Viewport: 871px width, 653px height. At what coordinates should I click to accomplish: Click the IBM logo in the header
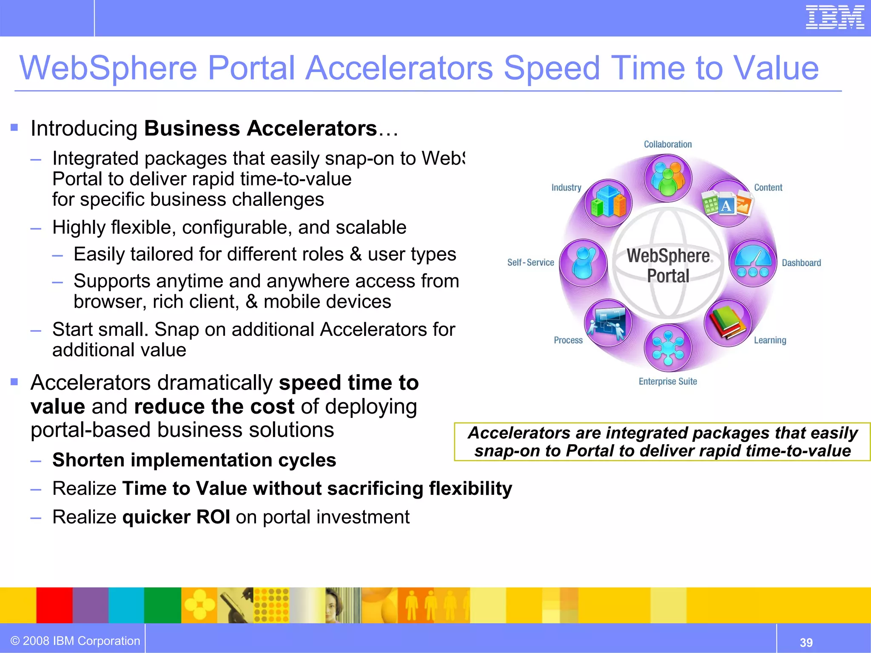pos(834,18)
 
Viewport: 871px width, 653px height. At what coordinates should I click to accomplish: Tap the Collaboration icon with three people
pos(668,178)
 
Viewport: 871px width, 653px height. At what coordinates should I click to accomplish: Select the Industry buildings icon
pos(608,203)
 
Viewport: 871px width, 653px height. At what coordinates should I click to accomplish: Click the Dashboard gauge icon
pos(753,263)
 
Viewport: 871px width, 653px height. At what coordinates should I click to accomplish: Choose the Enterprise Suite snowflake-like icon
pos(668,348)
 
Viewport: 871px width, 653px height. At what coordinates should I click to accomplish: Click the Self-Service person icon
pos(583,263)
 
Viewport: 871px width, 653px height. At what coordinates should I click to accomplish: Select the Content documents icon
pos(727,203)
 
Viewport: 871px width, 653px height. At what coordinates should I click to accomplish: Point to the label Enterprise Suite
pos(668,381)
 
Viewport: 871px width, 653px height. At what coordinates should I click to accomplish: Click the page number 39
pos(806,642)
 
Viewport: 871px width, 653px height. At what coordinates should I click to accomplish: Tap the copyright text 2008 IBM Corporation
pos(75,641)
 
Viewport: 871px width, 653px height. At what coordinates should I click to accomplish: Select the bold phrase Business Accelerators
pos(260,128)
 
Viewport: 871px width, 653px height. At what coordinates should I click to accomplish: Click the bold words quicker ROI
pos(176,517)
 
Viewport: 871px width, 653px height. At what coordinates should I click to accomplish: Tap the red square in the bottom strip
pos(54,605)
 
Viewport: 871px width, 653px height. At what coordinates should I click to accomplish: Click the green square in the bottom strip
pos(162,605)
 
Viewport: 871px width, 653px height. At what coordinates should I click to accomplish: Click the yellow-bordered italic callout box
pos(662,442)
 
